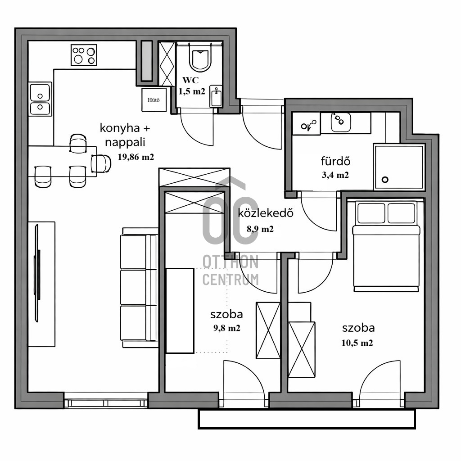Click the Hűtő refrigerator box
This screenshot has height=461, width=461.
pyautogui.click(x=154, y=99)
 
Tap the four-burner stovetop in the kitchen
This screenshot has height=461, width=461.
pyautogui.click(x=84, y=54)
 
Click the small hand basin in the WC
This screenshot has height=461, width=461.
pyautogui.click(x=216, y=96)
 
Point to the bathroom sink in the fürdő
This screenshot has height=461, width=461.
pyautogui.click(x=341, y=122)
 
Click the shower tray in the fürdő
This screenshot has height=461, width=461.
pyautogui.click(x=399, y=167)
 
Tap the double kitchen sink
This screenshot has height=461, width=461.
pyautogui.click(x=40, y=99)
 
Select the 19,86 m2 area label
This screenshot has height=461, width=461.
pyautogui.click(x=136, y=157)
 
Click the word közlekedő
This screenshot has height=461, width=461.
pyautogui.click(x=266, y=213)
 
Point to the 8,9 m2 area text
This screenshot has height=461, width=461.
pyautogui.click(x=260, y=229)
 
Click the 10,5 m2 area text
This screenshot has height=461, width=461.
pyautogui.click(x=357, y=343)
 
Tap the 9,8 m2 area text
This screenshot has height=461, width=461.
pyautogui.click(x=227, y=328)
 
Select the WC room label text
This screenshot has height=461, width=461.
pyautogui.click(x=190, y=80)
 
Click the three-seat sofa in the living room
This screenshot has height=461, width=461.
pyautogui.click(x=139, y=288)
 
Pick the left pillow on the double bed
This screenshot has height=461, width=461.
pyautogui.click(x=371, y=213)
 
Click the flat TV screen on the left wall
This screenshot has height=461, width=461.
pyautogui.click(x=37, y=273)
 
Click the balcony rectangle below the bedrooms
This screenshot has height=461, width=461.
pyautogui.click(x=307, y=419)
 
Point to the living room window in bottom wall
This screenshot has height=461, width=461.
pyautogui.click(x=106, y=403)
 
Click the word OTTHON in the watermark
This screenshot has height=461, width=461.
pyautogui.click(x=230, y=262)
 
